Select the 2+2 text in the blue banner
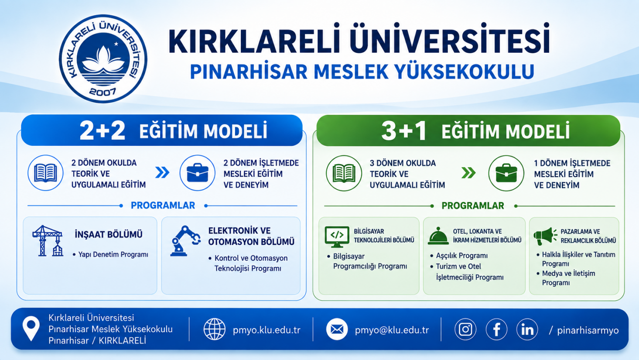[x=103, y=131]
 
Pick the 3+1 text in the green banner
[x=404, y=131]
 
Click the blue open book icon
[x=45, y=173]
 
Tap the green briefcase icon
[x=506, y=173]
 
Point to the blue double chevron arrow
[x=162, y=172]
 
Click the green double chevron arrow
[x=468, y=173]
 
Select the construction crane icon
[x=48, y=241]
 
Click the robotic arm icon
[x=185, y=241]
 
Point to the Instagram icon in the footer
[x=465, y=329]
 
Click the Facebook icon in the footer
[x=496, y=329]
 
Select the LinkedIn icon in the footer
[x=527, y=329]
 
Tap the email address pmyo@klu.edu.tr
[x=392, y=330]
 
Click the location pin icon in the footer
[x=31, y=328]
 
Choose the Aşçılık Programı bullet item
[x=459, y=256]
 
